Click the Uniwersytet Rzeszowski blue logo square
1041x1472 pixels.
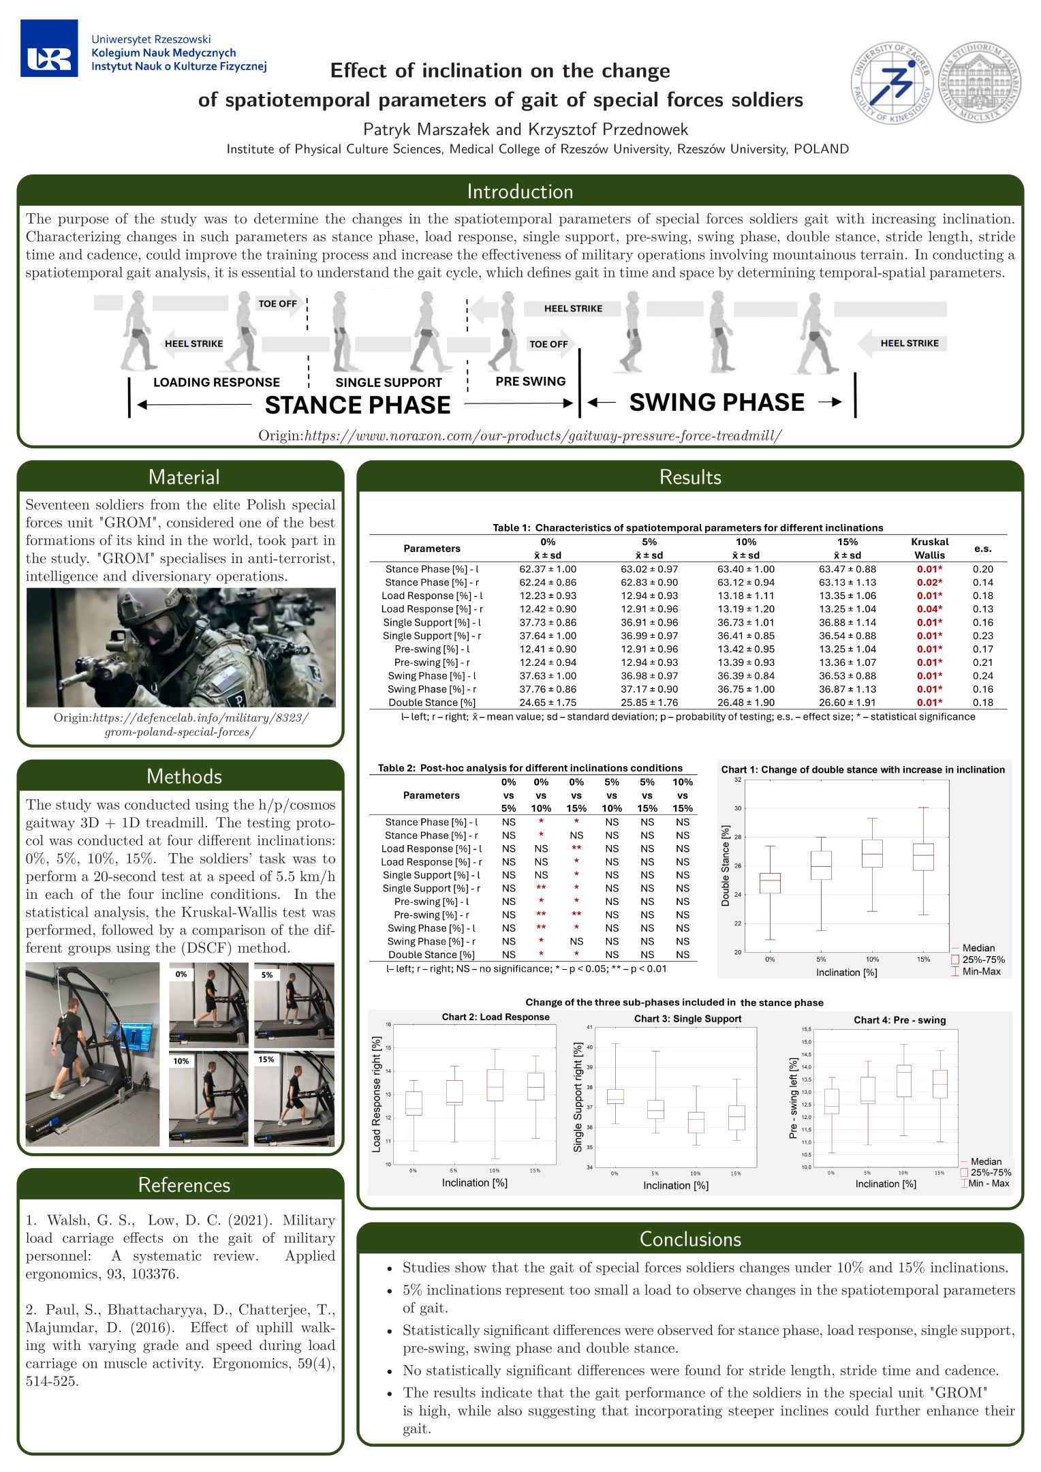pos(49,48)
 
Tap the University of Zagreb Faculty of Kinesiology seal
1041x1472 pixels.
pos(892,84)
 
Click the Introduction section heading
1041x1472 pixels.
pos(520,191)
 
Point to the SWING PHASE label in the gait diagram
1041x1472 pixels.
pos(717,403)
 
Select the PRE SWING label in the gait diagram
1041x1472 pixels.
pos(531,382)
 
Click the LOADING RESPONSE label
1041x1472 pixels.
pos(217,382)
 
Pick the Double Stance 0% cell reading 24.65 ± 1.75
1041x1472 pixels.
pos(548,703)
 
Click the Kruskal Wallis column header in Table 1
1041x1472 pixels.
pos(929,549)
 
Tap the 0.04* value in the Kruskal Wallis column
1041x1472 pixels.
pos(929,609)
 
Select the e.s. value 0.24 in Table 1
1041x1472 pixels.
pos(982,676)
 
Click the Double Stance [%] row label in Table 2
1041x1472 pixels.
pos(431,955)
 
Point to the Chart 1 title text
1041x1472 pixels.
pos(863,769)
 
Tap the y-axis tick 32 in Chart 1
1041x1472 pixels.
pos(738,780)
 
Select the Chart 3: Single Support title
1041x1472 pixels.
pos(687,1019)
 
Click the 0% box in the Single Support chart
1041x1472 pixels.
pos(615,1097)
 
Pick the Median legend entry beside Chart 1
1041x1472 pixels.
pos(978,948)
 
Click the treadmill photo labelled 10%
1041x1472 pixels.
pos(209,1098)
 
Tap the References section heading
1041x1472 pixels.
pos(184,1185)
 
